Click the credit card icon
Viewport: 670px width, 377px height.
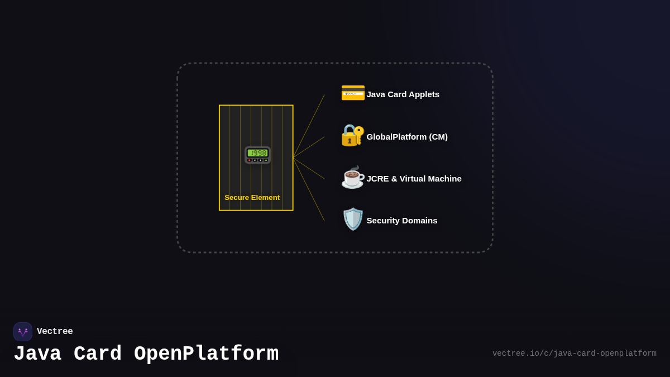click(x=352, y=93)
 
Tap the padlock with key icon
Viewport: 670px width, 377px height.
click(x=352, y=135)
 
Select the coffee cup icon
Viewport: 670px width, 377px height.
click(x=352, y=178)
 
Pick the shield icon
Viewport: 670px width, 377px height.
click(x=352, y=219)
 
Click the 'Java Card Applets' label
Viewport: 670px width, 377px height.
click(x=403, y=94)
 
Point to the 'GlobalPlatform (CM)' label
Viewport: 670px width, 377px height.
click(x=407, y=137)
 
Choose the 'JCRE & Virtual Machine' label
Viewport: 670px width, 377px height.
click(x=414, y=179)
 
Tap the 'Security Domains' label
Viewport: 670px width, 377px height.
click(x=402, y=221)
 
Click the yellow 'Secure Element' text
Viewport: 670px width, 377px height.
click(x=252, y=198)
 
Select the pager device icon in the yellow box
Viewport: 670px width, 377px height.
click(x=257, y=155)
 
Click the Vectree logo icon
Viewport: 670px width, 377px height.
click(x=23, y=332)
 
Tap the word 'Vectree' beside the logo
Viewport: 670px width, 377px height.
click(x=55, y=332)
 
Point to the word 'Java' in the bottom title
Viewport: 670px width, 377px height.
click(x=37, y=354)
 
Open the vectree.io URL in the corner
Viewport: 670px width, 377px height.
click(x=574, y=354)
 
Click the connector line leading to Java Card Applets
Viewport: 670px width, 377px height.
click(x=309, y=125)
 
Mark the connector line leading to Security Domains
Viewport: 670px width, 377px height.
click(x=309, y=190)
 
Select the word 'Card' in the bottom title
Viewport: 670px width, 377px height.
click(x=98, y=354)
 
